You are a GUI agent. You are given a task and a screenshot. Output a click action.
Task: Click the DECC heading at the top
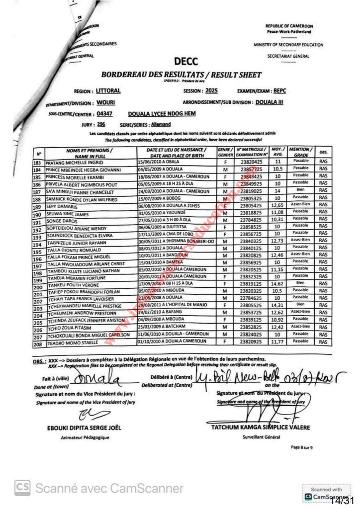tap(186, 62)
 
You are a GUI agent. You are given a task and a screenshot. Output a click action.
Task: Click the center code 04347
tap(105, 114)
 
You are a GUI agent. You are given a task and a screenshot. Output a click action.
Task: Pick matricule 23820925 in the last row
tap(252, 342)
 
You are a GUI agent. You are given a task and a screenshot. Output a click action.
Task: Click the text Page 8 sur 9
tap(302, 447)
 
